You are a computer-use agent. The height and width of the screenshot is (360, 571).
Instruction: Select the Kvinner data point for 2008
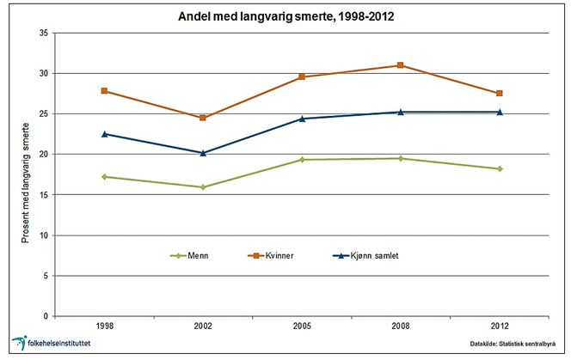pos(401,65)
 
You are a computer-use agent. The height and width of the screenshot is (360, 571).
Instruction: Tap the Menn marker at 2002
pos(203,186)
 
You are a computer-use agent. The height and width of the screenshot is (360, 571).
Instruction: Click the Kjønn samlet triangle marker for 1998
pos(105,134)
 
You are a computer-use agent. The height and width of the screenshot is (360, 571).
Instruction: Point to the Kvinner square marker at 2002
pos(203,118)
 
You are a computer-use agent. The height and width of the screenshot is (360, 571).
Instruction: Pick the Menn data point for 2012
pos(500,168)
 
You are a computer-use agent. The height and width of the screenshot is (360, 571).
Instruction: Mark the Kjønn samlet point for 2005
pos(302,119)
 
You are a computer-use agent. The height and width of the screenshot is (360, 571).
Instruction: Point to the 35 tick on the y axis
pos(42,34)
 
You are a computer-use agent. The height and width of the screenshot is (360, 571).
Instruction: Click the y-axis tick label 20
pos(42,155)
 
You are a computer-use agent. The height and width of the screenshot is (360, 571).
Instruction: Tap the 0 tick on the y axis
pos(45,316)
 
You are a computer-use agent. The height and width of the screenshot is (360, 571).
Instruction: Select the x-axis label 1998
pos(105,327)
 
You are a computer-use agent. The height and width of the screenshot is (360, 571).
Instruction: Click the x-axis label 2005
pos(302,327)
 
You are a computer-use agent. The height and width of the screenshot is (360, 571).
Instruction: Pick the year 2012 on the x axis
pos(500,327)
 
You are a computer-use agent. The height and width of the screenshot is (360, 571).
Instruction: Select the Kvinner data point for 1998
pos(105,91)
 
